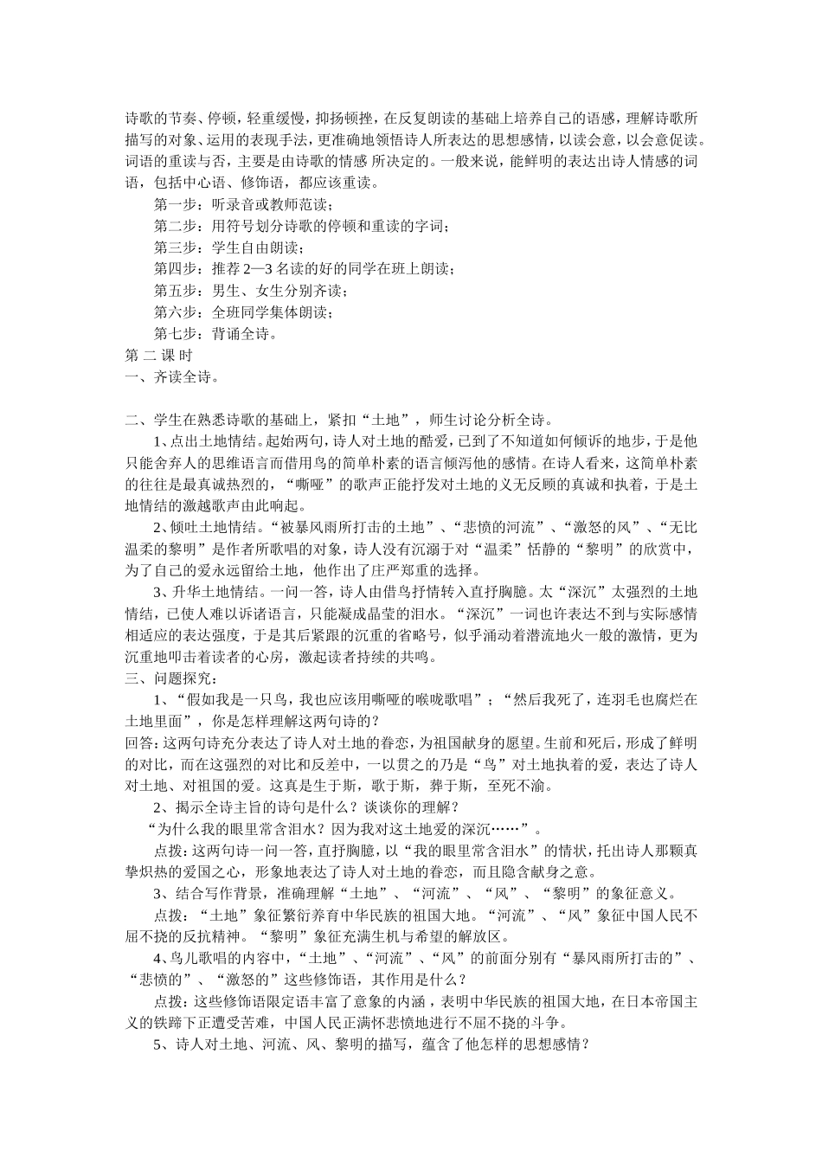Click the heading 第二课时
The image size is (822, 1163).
coord(158,355)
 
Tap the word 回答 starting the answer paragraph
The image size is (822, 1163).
coord(138,742)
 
